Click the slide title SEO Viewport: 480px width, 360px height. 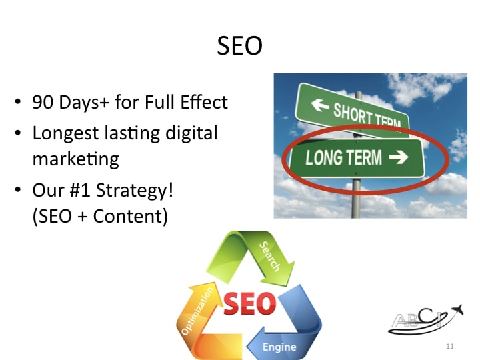click(x=240, y=46)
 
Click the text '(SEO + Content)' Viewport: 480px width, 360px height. click(x=100, y=216)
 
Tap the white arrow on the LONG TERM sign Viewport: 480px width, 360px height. click(x=400, y=158)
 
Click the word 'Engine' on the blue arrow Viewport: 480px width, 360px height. click(x=279, y=347)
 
